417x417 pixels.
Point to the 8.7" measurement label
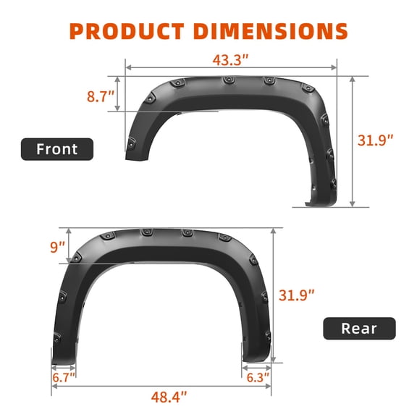click(99, 96)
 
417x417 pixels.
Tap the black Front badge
click(57, 149)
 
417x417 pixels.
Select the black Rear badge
click(359, 328)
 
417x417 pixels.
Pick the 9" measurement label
click(58, 247)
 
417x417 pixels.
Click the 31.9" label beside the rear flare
click(297, 295)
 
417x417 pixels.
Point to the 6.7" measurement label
click(63, 377)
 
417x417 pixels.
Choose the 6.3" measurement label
click(256, 377)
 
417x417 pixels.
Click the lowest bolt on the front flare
click(332, 182)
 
